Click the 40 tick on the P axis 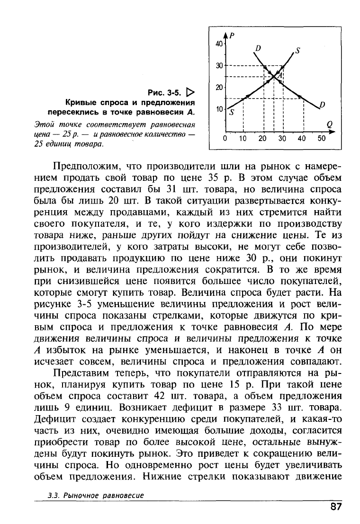point(219,43)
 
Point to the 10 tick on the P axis point(219,109)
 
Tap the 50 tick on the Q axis point(322,139)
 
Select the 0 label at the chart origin point(225,139)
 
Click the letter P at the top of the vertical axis point(233,34)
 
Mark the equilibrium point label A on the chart point(280,75)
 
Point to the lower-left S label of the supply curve point(232,113)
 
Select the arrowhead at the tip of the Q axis point(328,133)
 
